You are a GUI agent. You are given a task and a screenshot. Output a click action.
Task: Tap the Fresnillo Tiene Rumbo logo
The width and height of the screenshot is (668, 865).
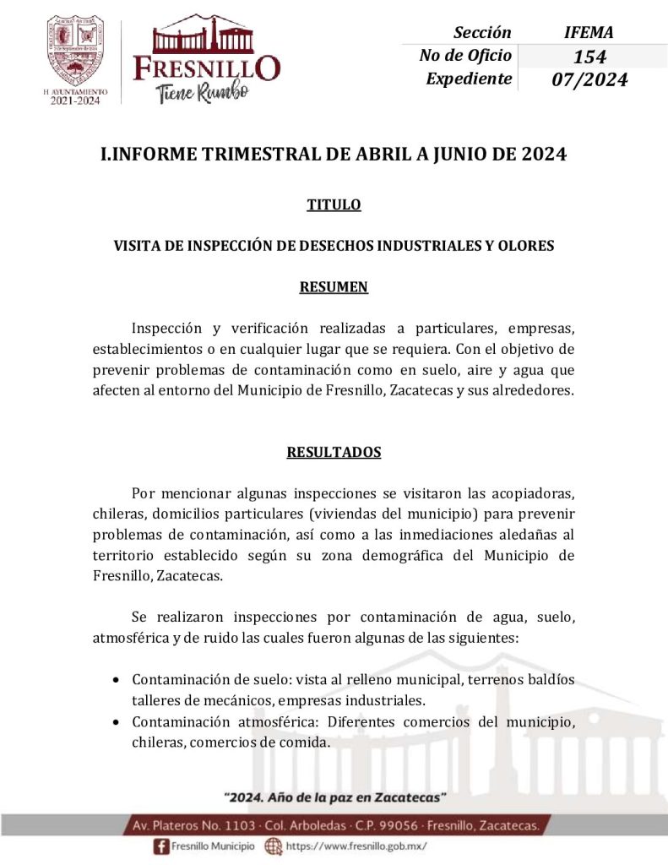coord(207,59)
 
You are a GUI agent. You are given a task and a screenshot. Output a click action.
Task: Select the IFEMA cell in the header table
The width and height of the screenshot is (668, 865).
coord(589,33)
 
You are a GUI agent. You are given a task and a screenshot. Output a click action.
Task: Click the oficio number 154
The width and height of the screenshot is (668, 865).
coord(589,57)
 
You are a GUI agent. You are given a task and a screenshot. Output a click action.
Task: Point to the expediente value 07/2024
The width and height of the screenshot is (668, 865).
coord(589,80)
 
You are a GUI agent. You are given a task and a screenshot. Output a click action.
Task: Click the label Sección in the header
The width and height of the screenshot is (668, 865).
coord(482,33)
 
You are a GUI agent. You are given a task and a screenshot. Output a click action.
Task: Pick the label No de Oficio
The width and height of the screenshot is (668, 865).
coord(465,56)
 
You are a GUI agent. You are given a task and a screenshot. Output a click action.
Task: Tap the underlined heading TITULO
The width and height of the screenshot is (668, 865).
coord(334,204)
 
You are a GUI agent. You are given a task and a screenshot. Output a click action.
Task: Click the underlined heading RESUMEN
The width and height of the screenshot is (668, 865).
coord(334,286)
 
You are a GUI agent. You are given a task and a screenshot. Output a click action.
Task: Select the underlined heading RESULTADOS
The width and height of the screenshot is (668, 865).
coord(334,452)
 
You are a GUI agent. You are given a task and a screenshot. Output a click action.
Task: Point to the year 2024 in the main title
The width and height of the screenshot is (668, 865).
coord(543,155)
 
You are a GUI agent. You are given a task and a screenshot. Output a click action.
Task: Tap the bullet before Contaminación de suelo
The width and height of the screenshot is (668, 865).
coord(116,681)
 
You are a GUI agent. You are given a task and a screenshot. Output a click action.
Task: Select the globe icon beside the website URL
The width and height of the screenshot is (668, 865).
coord(273,846)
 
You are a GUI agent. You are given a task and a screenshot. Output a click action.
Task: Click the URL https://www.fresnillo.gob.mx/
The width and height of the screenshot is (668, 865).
coord(356,846)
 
